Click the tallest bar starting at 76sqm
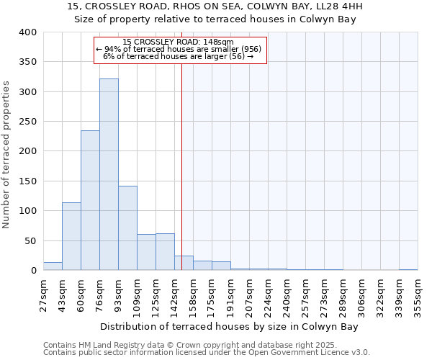pyautogui.click(x=109, y=174)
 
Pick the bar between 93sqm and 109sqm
pyautogui.click(x=127, y=228)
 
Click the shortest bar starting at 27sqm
pyautogui.click(x=53, y=266)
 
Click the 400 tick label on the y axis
pyautogui.click(x=27, y=32)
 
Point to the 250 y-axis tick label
pyautogui.click(x=27, y=122)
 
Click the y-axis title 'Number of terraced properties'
pyautogui.click(x=7, y=154)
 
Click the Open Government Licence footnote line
pyautogui.click(x=207, y=352)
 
